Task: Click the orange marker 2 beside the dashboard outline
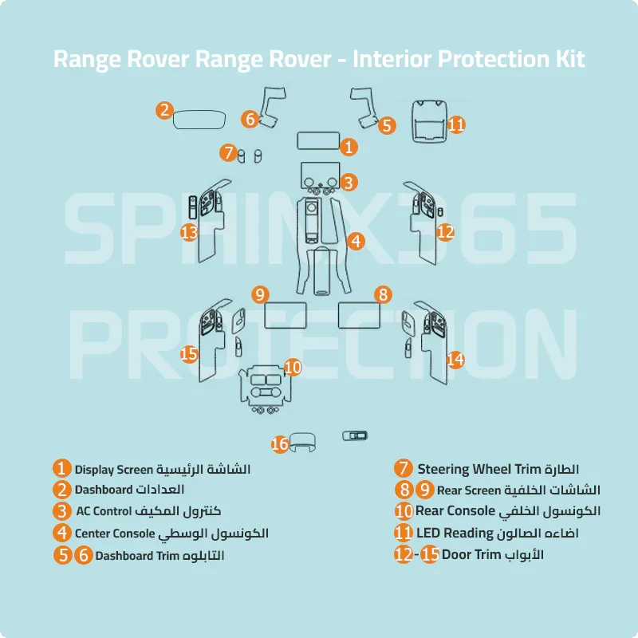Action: click(x=163, y=110)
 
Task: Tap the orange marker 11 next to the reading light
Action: click(x=455, y=124)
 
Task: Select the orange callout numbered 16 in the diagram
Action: click(x=279, y=444)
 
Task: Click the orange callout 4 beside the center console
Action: click(x=356, y=240)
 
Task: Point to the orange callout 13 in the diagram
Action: click(x=189, y=232)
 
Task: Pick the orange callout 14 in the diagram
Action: click(x=455, y=360)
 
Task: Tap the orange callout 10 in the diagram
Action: click(x=293, y=367)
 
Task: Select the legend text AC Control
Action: click(x=104, y=511)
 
